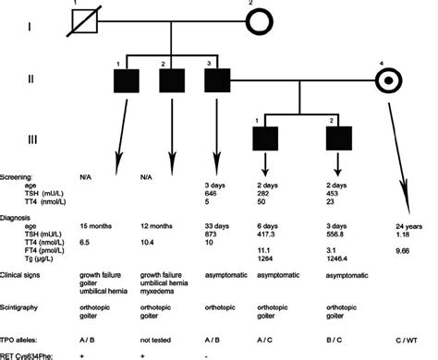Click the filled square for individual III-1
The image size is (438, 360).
(x=265, y=138)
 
